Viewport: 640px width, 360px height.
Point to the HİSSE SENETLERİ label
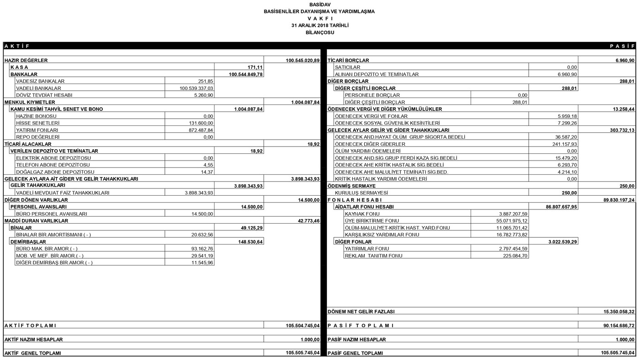point(38,123)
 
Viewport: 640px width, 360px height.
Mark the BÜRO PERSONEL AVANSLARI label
point(51,214)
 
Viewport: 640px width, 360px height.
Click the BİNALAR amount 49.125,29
point(251,227)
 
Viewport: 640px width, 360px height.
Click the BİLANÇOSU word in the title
point(320,33)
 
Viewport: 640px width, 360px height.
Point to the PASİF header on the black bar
point(622,46)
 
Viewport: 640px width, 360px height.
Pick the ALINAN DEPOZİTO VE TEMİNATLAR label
point(377,74)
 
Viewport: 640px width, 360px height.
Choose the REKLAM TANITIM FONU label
point(374,256)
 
